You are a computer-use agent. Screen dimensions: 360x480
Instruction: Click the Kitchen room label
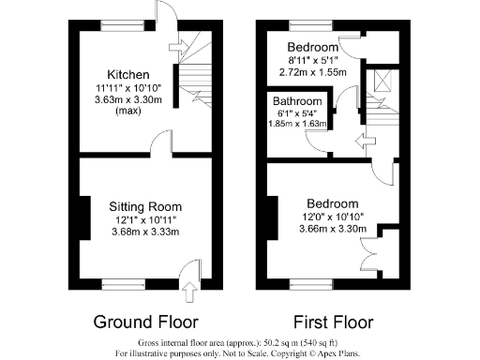coord(127,75)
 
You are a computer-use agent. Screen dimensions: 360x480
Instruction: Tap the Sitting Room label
coord(144,206)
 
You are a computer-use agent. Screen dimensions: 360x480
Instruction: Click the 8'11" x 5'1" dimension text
coord(312,60)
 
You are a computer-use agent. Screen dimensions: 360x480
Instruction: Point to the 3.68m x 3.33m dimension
coord(144,232)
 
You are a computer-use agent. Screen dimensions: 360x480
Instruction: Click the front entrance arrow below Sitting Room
coord(190,291)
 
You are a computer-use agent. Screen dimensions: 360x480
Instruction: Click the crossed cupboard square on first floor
coord(380,79)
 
